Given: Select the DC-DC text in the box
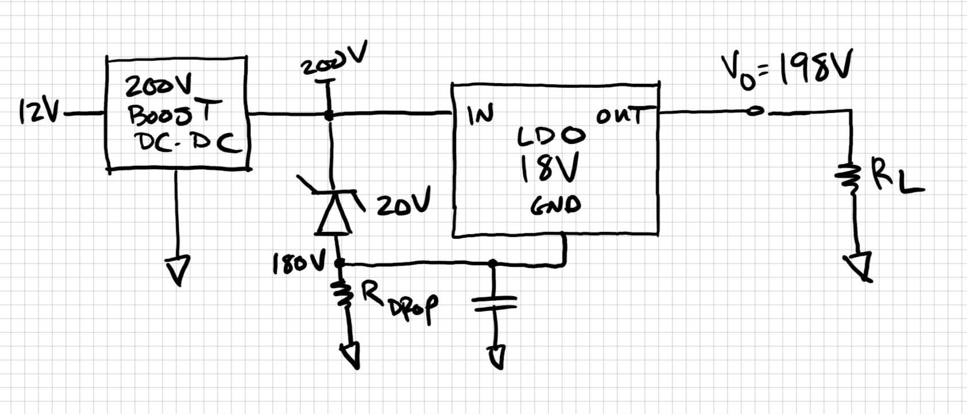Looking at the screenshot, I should click(x=187, y=142).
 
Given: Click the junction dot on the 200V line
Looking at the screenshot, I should click(x=328, y=115).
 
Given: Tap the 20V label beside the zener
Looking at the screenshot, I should click(x=403, y=203).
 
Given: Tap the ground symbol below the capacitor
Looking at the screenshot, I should click(x=497, y=356).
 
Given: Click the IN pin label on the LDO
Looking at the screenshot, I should click(x=480, y=115).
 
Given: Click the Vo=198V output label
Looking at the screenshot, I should click(x=787, y=69).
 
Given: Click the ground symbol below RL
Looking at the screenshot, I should click(x=860, y=266).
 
